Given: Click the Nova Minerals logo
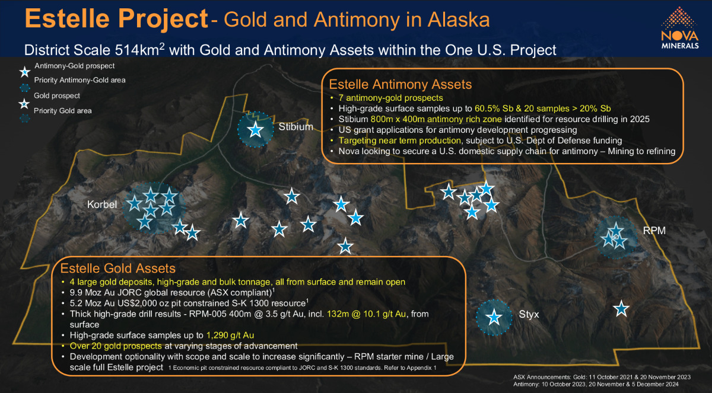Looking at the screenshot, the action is [679, 28].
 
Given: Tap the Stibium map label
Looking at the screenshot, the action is [295, 127].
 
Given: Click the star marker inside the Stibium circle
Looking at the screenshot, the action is [256, 130].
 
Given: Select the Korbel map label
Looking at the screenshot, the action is [102, 205].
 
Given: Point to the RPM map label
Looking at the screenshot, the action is [654, 231].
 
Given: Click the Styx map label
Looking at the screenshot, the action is [529, 314].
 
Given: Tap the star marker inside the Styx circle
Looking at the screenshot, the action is [494, 317].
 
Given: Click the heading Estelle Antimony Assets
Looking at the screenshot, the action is [400, 84].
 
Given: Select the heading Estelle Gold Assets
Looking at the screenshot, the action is [118, 269].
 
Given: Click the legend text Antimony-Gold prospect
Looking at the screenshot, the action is [74, 66].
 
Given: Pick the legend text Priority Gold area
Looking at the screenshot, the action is [63, 111].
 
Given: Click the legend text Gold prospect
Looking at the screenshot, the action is [57, 95].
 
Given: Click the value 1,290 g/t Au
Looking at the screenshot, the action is [230, 336].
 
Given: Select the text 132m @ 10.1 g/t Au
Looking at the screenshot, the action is [366, 314].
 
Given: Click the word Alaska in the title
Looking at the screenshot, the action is [458, 20].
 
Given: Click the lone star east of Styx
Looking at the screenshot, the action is [621, 309].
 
